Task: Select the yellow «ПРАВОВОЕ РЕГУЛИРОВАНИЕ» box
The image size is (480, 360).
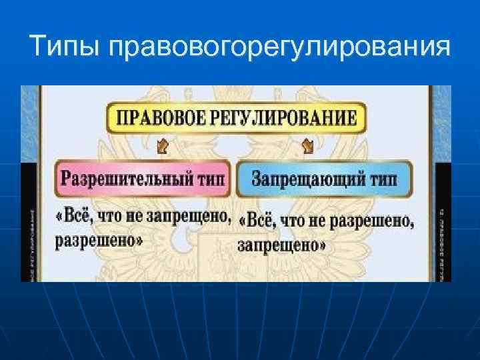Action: (236, 118)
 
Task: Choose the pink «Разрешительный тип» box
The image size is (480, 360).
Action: (143, 178)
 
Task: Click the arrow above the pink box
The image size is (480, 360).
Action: (161, 145)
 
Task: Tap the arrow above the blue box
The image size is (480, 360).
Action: (307, 145)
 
